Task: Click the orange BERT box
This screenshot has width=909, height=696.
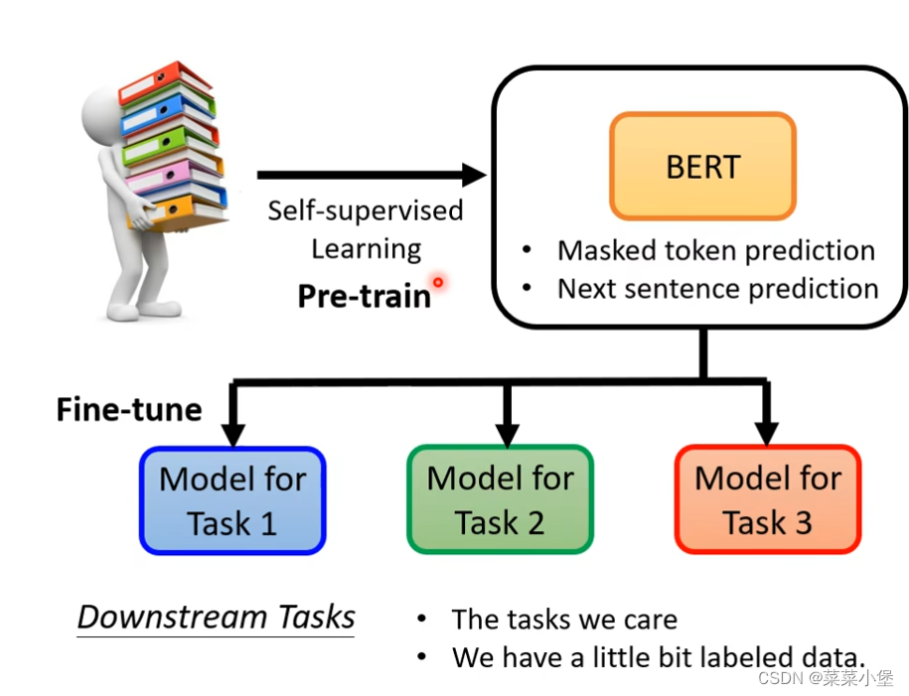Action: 702,166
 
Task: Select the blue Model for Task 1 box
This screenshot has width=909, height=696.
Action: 232,499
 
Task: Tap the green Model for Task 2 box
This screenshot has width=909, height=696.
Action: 500,499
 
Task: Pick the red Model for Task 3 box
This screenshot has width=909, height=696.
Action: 767,499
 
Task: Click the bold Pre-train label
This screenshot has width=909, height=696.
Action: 365,296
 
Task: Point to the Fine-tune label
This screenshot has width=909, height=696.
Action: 129,409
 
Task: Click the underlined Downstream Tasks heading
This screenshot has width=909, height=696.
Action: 217,617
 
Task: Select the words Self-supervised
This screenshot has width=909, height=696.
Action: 366,210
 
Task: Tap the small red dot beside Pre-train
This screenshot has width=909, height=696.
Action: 438,283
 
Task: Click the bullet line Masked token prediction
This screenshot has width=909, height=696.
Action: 715,250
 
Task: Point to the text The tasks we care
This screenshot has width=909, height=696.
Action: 564,621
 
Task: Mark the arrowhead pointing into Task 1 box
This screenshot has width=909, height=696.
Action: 232,434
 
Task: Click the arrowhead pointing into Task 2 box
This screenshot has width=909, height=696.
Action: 507,434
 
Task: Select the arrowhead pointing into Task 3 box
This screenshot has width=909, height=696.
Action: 766,434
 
